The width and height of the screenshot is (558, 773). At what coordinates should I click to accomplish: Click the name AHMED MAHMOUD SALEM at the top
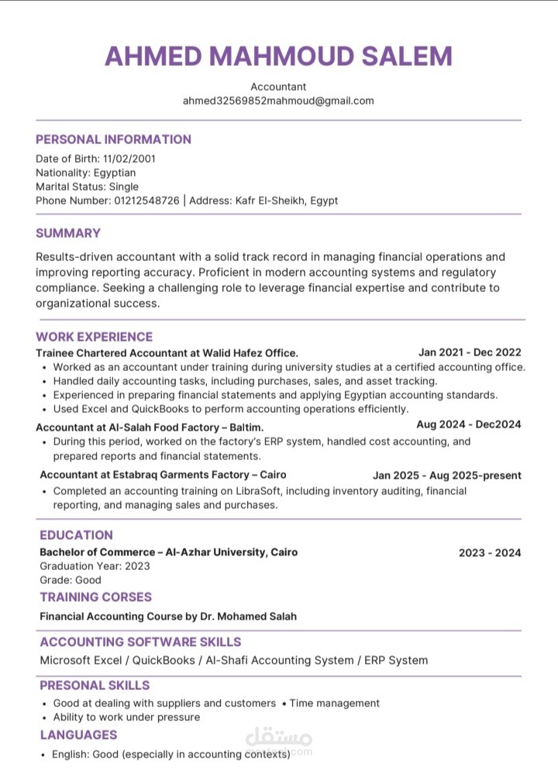pos(278,56)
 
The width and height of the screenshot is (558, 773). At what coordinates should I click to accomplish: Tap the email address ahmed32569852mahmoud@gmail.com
pos(278,101)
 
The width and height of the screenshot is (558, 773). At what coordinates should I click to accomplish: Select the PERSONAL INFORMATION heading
pos(113,139)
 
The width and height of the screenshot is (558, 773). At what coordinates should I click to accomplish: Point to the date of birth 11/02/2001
pos(129,159)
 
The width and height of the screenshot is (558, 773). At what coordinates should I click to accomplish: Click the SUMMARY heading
pos(68,233)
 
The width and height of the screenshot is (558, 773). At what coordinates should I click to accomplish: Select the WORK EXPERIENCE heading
pos(94,337)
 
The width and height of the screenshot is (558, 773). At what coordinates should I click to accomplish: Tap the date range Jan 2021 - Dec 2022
pos(470,352)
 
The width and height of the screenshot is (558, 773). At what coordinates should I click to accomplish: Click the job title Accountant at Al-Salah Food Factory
pos(150,427)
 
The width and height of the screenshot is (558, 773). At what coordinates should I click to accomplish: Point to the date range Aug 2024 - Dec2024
pos(468,424)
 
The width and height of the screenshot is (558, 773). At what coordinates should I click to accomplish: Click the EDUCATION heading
pos(76,535)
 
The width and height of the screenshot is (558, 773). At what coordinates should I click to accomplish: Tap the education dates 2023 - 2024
pos(490,553)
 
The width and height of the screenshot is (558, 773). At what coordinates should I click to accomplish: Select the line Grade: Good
pos(71,580)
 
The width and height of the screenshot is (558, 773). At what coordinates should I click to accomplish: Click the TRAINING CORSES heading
pos(95,597)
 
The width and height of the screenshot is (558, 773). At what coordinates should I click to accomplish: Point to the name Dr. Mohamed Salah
pos(247,617)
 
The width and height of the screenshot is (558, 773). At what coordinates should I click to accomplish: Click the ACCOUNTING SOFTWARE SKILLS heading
pos(140,642)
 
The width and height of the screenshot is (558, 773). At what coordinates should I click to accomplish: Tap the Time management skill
pos(335,703)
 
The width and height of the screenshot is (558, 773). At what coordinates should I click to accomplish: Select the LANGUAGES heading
pos(78,735)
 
